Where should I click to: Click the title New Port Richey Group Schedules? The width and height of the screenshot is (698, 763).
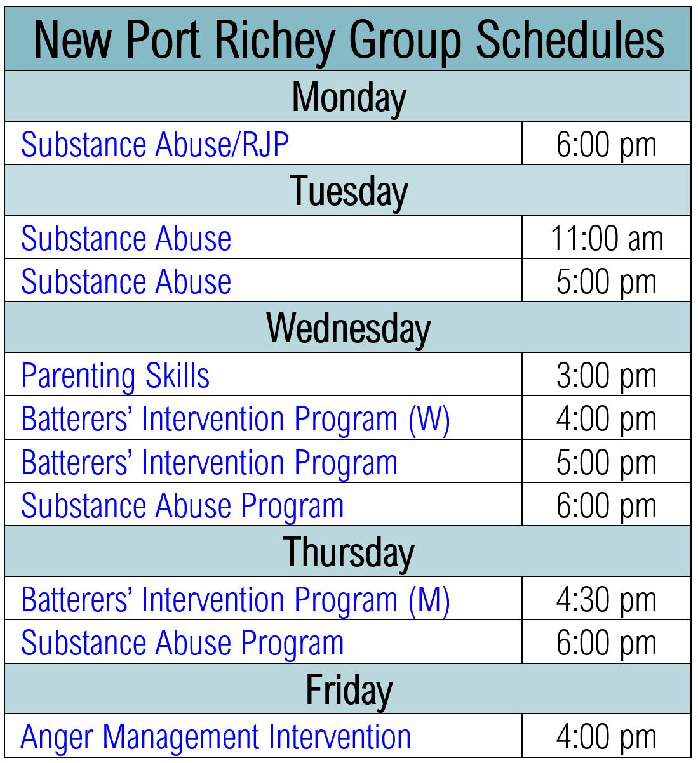click(349, 39)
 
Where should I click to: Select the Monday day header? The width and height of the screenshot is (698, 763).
click(349, 98)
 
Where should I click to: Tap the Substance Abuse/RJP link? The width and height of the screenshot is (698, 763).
click(155, 145)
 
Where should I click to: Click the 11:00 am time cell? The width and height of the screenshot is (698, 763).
click(606, 239)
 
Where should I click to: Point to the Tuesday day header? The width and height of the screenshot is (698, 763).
click(349, 192)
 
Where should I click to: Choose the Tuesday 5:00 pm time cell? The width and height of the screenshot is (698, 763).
click(606, 282)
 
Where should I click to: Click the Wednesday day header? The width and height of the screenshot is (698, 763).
click(349, 328)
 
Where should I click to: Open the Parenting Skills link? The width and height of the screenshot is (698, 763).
click(116, 376)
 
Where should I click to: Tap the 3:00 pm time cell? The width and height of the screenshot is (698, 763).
click(606, 376)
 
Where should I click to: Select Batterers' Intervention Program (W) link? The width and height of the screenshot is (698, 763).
click(236, 419)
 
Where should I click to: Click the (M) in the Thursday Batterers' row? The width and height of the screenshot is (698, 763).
click(429, 600)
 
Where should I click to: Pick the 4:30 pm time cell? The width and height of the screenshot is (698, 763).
click(606, 600)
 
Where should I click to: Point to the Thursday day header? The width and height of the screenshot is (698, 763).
click(349, 552)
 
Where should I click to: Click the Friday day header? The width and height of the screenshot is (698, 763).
click(349, 690)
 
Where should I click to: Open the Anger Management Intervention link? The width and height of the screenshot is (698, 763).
click(216, 737)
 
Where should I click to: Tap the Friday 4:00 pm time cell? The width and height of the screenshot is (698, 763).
click(606, 737)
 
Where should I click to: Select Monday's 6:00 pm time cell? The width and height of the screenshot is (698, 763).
click(606, 145)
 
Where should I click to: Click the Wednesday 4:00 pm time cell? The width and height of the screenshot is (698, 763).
click(606, 419)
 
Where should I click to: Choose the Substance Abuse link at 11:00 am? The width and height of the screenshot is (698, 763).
click(126, 239)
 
